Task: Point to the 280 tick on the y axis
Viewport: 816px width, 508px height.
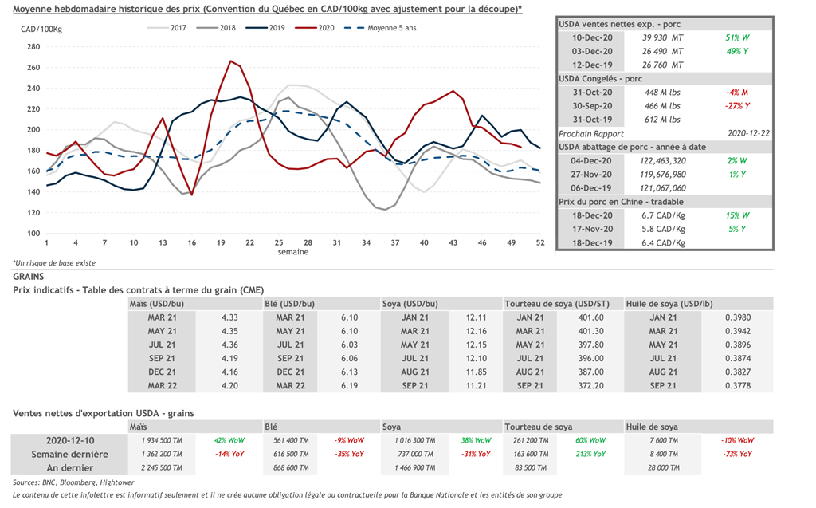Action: pyautogui.click(x=33, y=46)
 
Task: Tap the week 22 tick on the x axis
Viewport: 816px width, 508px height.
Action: pyautogui.click(x=249, y=242)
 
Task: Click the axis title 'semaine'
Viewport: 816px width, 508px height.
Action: pyautogui.click(x=293, y=252)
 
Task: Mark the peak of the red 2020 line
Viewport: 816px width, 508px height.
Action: pyautogui.click(x=230, y=61)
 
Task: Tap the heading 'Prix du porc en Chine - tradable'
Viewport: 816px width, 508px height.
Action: pyautogui.click(x=621, y=202)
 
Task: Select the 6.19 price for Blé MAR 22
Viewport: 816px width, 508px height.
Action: pyautogui.click(x=349, y=385)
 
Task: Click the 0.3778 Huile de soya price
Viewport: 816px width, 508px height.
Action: pyautogui.click(x=737, y=385)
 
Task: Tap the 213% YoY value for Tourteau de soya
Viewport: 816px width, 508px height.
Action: pyautogui.click(x=590, y=454)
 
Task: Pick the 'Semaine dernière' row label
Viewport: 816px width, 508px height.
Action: pyautogui.click(x=70, y=454)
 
